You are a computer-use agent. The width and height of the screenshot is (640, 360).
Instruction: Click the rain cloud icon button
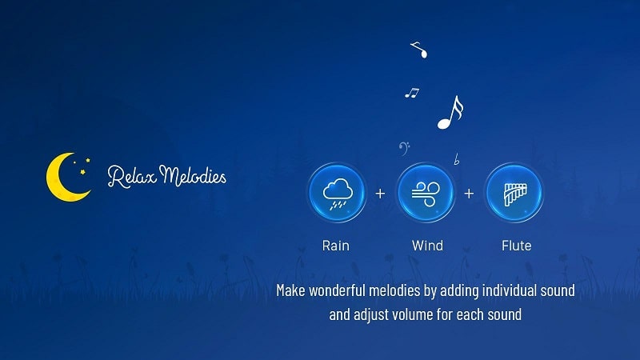337,193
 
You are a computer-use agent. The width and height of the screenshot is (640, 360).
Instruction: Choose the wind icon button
426,193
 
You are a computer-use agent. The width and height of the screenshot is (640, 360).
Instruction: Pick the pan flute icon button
514,193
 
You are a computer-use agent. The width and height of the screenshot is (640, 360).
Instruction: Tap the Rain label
335,246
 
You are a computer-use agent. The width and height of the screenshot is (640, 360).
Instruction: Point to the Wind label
427,246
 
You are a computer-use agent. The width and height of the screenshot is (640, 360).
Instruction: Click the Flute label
516,246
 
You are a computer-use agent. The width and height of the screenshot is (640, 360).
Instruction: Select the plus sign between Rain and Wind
380,193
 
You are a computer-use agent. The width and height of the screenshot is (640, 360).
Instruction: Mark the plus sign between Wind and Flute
469,193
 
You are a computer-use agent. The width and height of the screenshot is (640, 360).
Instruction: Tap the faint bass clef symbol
404,149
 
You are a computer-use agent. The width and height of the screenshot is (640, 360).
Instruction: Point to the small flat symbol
457,159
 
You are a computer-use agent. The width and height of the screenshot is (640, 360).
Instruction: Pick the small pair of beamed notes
412,93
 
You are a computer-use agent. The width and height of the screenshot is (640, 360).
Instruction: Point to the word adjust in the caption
371,315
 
